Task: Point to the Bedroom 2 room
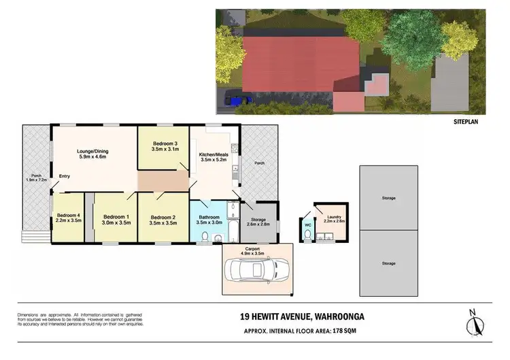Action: pos(163,219)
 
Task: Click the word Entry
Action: pos(65,176)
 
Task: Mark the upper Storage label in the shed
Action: pos(388,198)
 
